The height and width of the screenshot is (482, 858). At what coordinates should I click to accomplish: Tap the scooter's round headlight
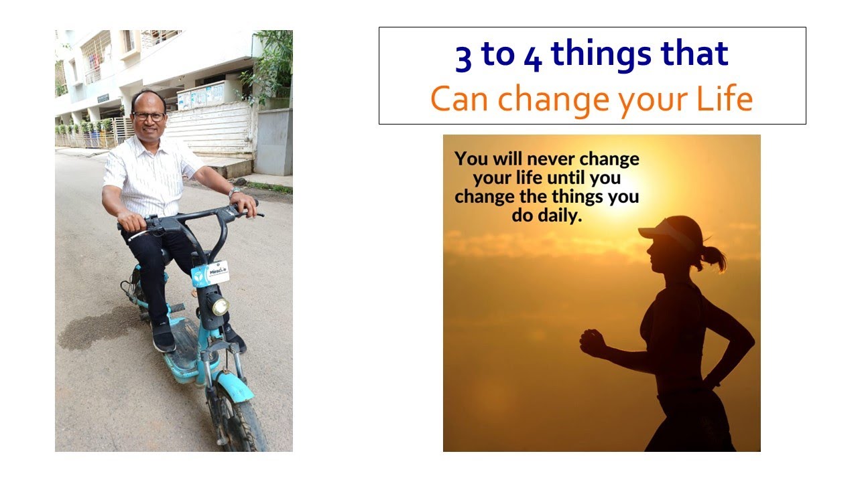click(x=219, y=306)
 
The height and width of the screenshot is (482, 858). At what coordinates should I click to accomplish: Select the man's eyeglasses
click(x=148, y=116)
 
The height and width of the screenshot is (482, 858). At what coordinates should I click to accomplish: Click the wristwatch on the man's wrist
click(x=233, y=192)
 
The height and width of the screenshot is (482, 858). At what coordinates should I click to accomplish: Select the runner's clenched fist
click(x=592, y=342)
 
